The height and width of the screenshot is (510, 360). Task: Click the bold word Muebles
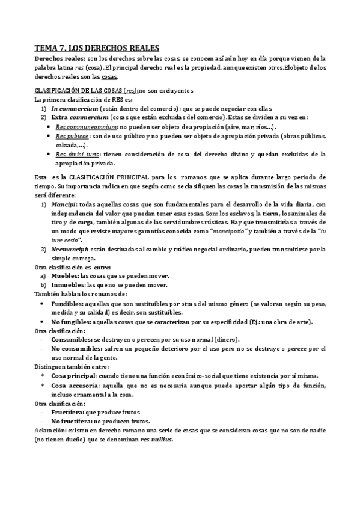click(64, 275)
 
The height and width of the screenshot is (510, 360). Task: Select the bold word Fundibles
click(69, 304)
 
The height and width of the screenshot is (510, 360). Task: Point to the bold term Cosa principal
click(75, 375)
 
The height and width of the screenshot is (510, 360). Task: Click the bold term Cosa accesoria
click(74, 385)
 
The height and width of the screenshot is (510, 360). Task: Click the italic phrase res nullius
click(156, 440)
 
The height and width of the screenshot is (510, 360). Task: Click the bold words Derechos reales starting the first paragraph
click(59, 58)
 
